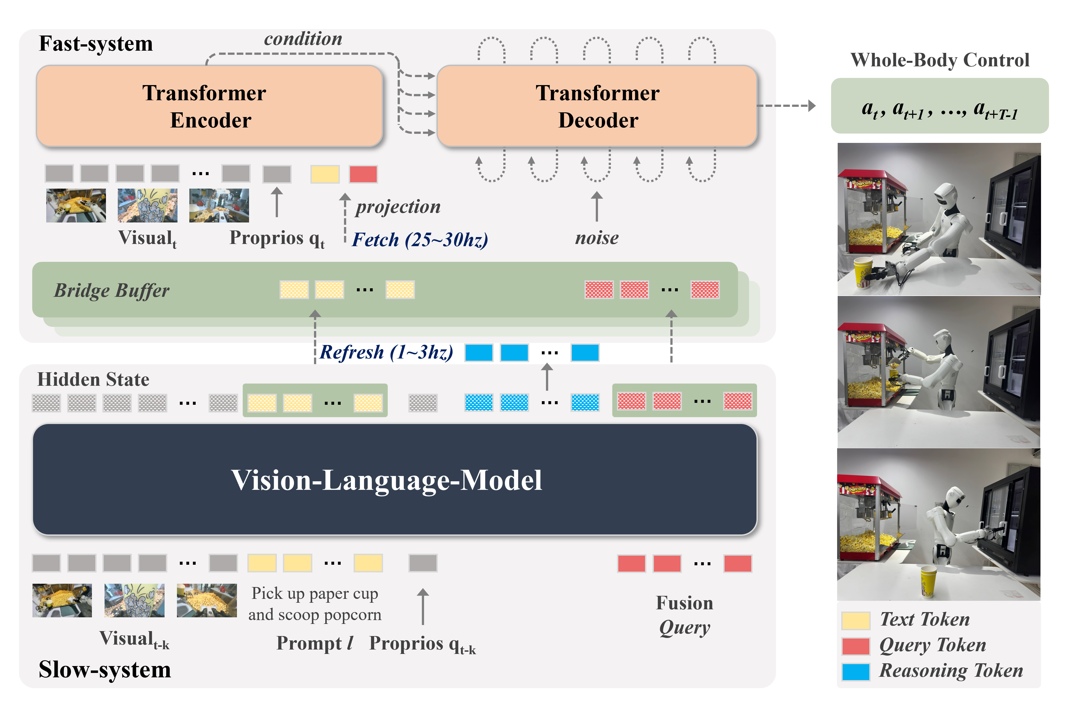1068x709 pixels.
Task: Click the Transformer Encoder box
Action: [x=209, y=106]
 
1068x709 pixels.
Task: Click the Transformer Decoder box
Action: [x=597, y=106]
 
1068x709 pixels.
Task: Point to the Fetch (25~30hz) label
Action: [x=419, y=240]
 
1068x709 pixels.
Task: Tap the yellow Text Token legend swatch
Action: [x=855, y=620]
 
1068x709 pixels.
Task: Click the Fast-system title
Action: [x=96, y=44]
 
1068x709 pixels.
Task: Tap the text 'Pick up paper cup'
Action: [x=315, y=593]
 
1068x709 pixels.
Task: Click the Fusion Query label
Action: [x=684, y=615]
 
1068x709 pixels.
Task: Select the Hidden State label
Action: [x=93, y=379]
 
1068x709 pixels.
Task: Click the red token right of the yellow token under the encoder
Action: [x=363, y=174]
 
